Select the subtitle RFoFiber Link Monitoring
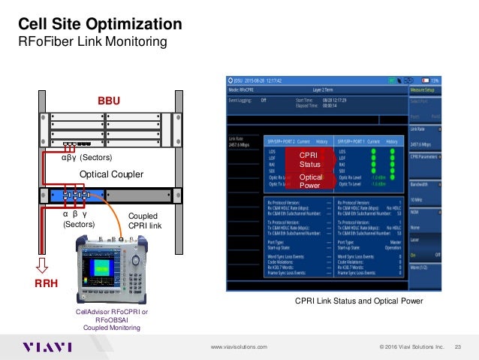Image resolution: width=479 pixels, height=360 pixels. pos(92,42)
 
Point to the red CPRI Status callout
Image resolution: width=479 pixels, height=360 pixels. pos(310,159)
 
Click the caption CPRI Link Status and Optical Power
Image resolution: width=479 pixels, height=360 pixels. pos(358,301)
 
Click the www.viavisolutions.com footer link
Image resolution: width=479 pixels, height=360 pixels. pos(240,346)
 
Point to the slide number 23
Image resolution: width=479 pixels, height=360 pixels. pos(457,346)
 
